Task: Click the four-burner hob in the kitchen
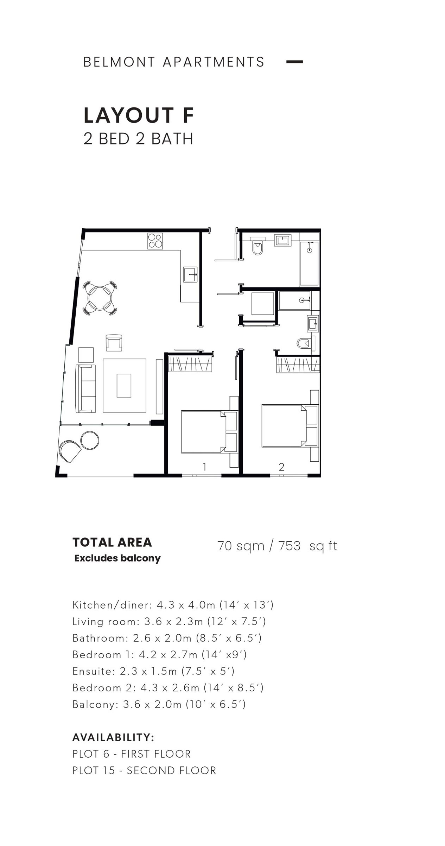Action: pos(155,241)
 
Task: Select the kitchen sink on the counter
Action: pos(190,274)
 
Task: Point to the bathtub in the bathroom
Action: pos(309,264)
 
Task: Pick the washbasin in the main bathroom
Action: pos(283,241)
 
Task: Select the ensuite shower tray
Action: pos(294,300)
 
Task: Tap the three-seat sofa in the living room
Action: pos(85,388)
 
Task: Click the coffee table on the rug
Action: pos(124,386)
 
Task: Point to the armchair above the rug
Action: pos(114,343)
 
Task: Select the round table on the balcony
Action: pos(90,440)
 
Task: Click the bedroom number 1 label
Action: pos(204,467)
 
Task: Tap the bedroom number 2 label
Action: pos(281,467)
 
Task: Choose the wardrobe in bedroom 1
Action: pos(190,364)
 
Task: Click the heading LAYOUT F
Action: pos(139,116)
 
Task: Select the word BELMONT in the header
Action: pos(119,62)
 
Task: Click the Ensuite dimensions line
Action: pos(153,671)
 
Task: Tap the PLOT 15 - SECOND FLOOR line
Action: pos(144,770)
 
